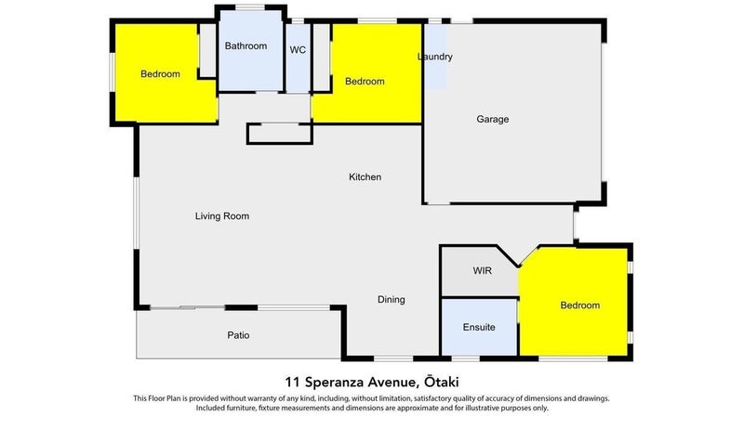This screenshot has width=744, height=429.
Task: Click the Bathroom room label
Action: pos(246,45)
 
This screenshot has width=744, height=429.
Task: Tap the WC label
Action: pos(298,50)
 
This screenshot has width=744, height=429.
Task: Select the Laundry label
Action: pos(435,57)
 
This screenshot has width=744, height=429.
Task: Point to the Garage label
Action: pos(493,120)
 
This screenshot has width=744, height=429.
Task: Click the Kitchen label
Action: pos(365,177)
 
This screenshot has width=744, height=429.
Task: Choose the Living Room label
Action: pos(222,216)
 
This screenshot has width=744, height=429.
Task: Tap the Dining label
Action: pos(391,300)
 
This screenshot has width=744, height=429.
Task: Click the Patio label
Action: pos(238,335)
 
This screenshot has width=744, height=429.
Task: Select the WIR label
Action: pos(482,271)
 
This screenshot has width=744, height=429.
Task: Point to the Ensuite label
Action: pos(479,327)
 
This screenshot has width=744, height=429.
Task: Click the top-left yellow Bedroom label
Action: pos(160,74)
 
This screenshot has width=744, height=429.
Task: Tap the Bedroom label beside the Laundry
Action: pos(365,82)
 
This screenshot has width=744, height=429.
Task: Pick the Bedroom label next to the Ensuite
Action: pos(579,305)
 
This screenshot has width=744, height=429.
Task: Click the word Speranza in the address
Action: pos(332,382)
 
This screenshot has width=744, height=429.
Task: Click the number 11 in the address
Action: pos(292,382)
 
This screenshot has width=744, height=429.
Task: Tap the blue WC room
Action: pos(298,58)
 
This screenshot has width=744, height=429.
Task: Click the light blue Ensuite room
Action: pos(479,327)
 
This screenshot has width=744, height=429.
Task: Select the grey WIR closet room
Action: pos(477,272)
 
